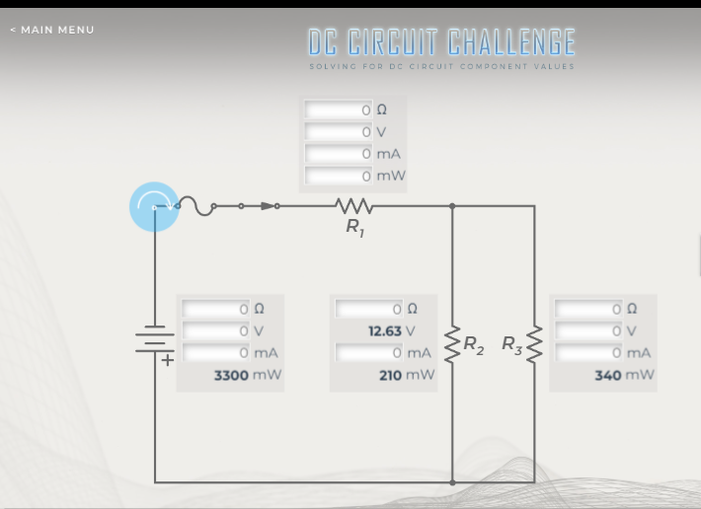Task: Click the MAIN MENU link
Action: [x=52, y=30]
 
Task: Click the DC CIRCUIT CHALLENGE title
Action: [x=441, y=42]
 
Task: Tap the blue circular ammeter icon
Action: [x=154, y=206]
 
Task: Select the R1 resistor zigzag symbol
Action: [x=353, y=206]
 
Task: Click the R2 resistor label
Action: [x=474, y=345]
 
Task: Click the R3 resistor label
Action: [x=512, y=344]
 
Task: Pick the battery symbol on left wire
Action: [x=154, y=340]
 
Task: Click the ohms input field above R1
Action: [x=338, y=110]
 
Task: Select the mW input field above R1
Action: [x=338, y=176]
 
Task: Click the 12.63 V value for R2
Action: [x=385, y=331]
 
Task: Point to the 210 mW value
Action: [x=393, y=375]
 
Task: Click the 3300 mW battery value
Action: [x=233, y=375]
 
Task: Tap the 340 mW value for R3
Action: [x=608, y=375]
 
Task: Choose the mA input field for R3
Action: [x=588, y=353]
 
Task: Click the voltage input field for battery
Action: [x=215, y=331]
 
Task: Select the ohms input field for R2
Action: [x=369, y=310]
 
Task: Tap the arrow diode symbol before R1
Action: [x=267, y=206]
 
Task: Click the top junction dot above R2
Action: [x=452, y=206]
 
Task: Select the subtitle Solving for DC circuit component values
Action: [x=441, y=67]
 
